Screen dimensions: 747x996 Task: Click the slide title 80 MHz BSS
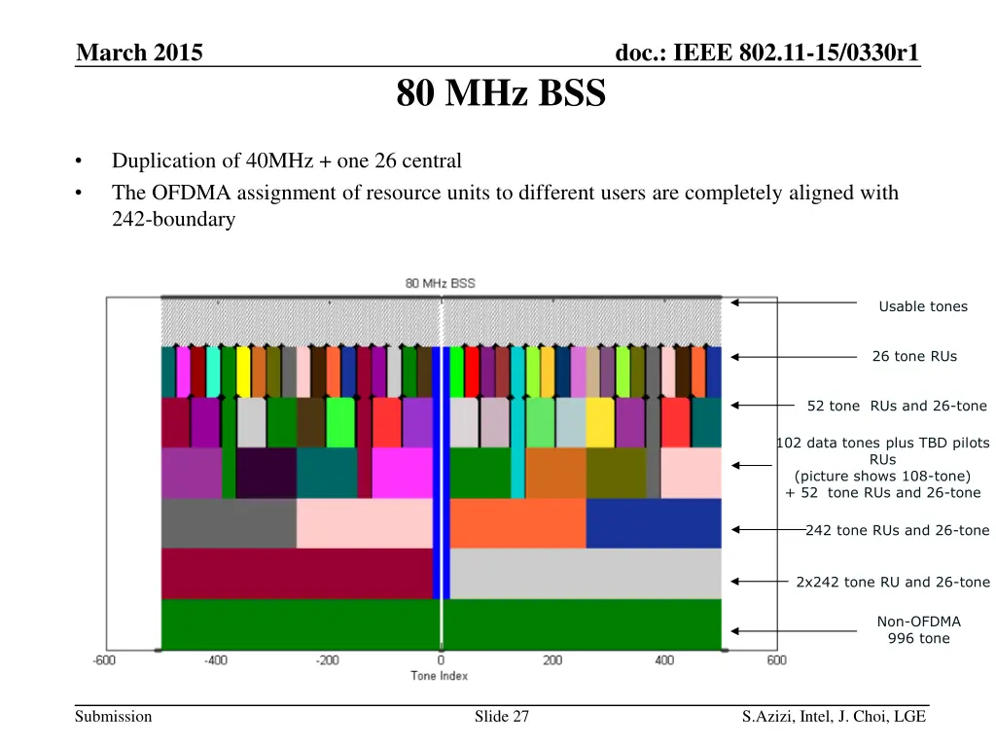click(x=501, y=95)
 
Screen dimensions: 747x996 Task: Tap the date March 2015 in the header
click(x=139, y=53)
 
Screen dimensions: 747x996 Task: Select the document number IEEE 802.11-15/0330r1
click(x=767, y=53)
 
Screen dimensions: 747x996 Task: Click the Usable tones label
click(x=922, y=306)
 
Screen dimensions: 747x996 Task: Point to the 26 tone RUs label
click(x=914, y=356)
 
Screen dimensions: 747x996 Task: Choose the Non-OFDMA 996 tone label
click(x=918, y=629)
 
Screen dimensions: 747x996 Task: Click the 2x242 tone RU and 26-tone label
click(x=892, y=582)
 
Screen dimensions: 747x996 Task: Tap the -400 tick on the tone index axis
click(x=216, y=661)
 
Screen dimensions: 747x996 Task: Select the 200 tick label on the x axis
click(x=552, y=661)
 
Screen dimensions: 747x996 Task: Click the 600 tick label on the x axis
click(x=776, y=661)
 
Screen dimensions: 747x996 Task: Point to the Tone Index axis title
click(x=440, y=676)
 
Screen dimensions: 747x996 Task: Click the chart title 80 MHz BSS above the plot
click(x=441, y=283)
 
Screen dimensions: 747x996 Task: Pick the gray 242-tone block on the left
click(x=229, y=523)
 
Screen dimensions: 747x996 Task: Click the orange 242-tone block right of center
click(x=517, y=523)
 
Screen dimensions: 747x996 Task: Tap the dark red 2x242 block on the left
click(x=296, y=573)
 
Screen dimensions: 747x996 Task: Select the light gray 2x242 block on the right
click(x=585, y=573)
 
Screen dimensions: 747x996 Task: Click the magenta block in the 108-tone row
click(x=402, y=473)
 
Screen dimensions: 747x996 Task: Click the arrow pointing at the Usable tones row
click(x=793, y=302)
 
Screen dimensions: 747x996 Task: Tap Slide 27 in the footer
click(x=501, y=717)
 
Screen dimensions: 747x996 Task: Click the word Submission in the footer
click(x=115, y=717)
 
